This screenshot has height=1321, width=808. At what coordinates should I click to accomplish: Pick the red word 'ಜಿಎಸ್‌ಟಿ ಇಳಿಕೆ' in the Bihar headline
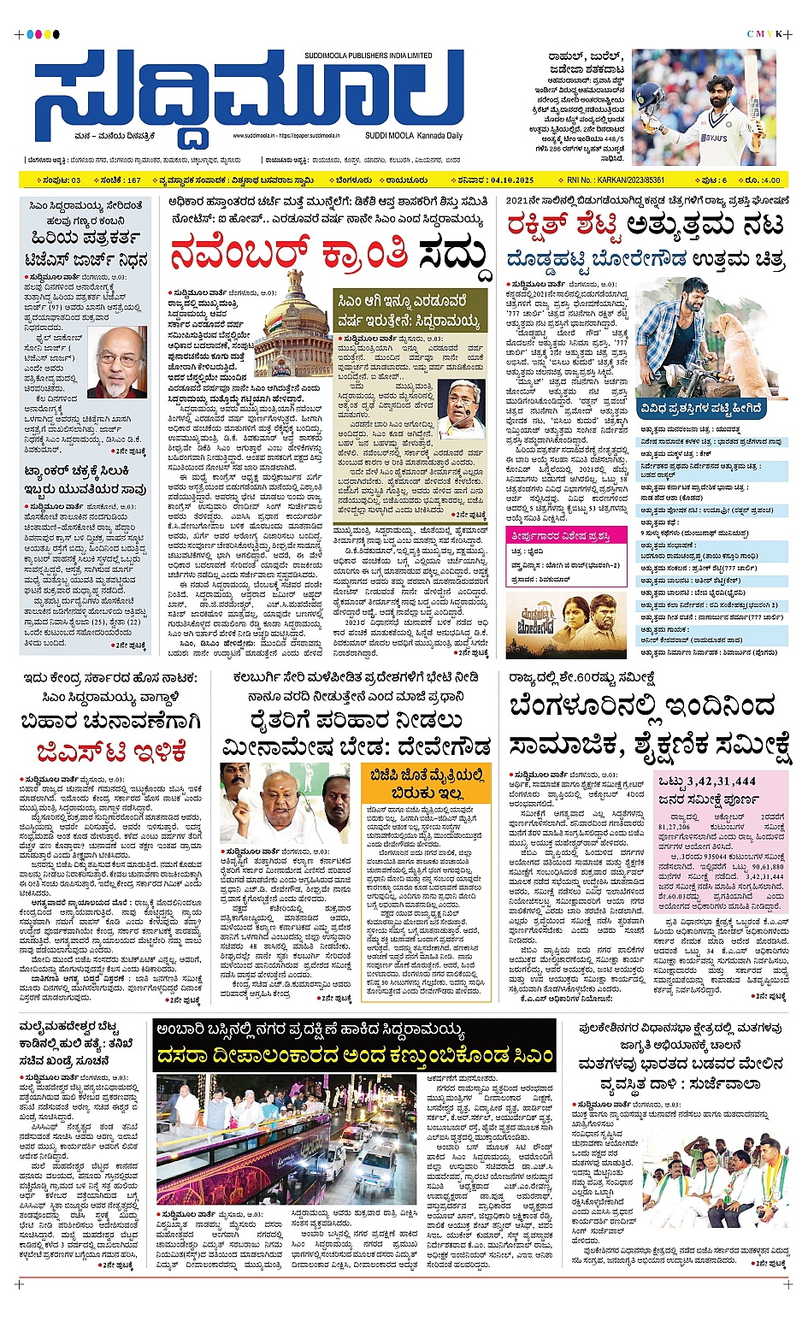pos(111,752)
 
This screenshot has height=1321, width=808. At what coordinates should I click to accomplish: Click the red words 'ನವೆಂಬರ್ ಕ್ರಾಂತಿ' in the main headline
pos(291,255)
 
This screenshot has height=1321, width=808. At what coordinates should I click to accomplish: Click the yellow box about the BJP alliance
pos(427,783)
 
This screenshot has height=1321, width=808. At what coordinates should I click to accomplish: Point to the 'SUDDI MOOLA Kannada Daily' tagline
pos(413,135)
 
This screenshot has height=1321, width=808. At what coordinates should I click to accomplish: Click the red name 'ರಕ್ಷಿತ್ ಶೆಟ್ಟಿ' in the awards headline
pos(563,227)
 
